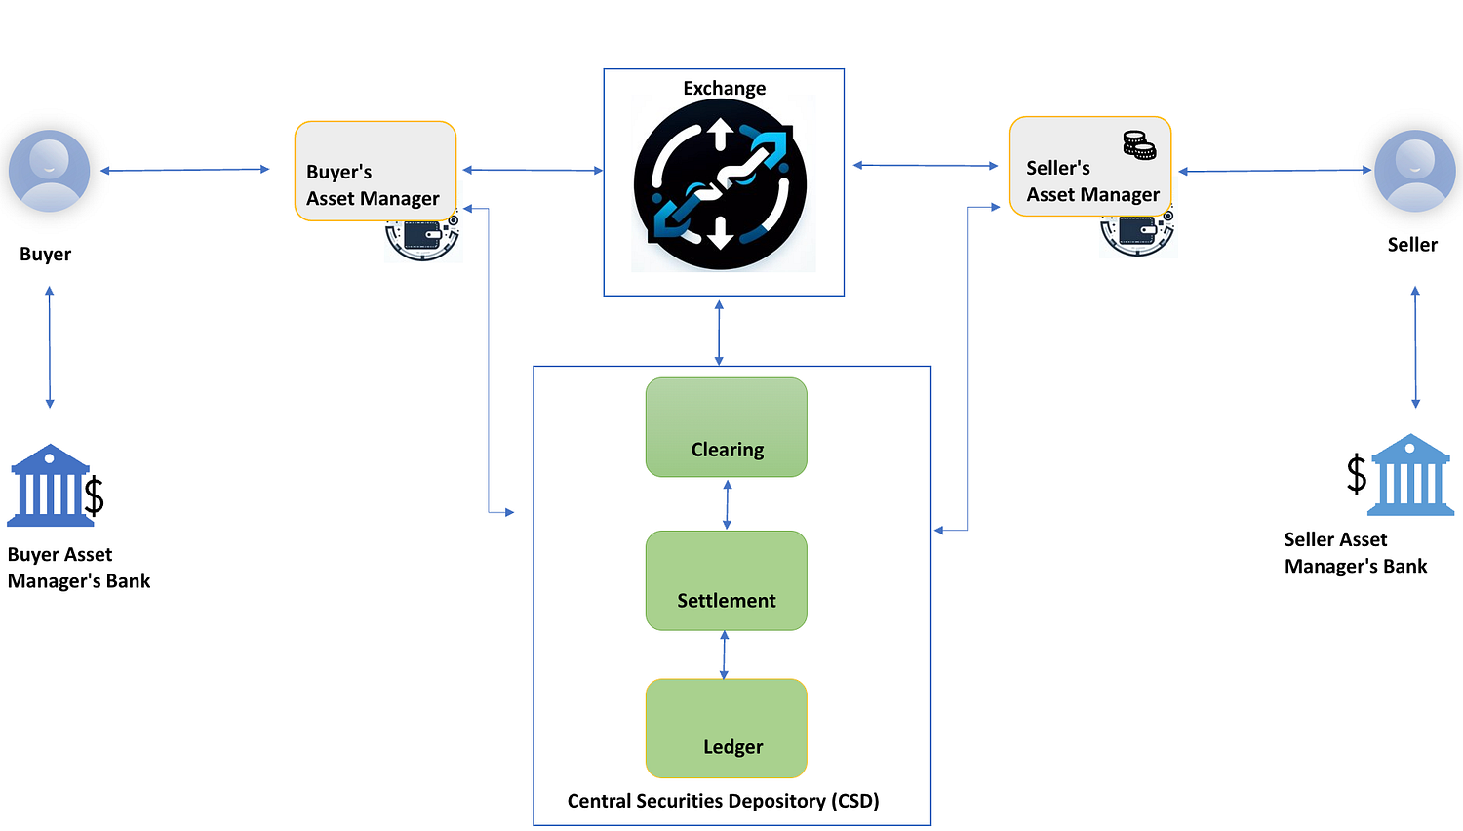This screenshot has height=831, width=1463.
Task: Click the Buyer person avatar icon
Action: [49, 171]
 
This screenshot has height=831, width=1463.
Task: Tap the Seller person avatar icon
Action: [1414, 171]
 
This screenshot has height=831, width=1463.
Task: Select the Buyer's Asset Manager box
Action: [376, 171]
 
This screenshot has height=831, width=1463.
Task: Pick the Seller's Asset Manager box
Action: [1090, 167]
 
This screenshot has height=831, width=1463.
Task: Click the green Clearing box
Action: [727, 427]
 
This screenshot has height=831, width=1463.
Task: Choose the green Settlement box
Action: [727, 580]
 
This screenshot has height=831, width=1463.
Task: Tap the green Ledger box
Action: [727, 729]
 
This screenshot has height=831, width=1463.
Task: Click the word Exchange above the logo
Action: [725, 88]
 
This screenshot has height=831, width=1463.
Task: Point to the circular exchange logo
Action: [721, 184]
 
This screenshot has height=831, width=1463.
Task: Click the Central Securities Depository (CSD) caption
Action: [723, 801]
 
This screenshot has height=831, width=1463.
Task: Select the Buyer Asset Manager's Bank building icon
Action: [49, 486]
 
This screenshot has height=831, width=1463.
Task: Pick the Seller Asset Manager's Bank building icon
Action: [1410, 475]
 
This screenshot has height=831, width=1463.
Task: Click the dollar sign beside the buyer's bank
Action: [94, 495]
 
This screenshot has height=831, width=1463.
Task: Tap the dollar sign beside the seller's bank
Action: [1357, 474]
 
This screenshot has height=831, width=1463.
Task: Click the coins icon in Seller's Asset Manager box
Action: [1140, 145]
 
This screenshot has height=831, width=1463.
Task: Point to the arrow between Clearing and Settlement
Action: [727, 504]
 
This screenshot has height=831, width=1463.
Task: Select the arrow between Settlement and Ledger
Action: [724, 654]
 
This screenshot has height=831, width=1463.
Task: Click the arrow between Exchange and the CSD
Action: [719, 333]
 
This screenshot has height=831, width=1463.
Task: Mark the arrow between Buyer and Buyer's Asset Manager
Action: [185, 170]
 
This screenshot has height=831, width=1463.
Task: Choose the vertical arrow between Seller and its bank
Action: [1415, 347]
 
